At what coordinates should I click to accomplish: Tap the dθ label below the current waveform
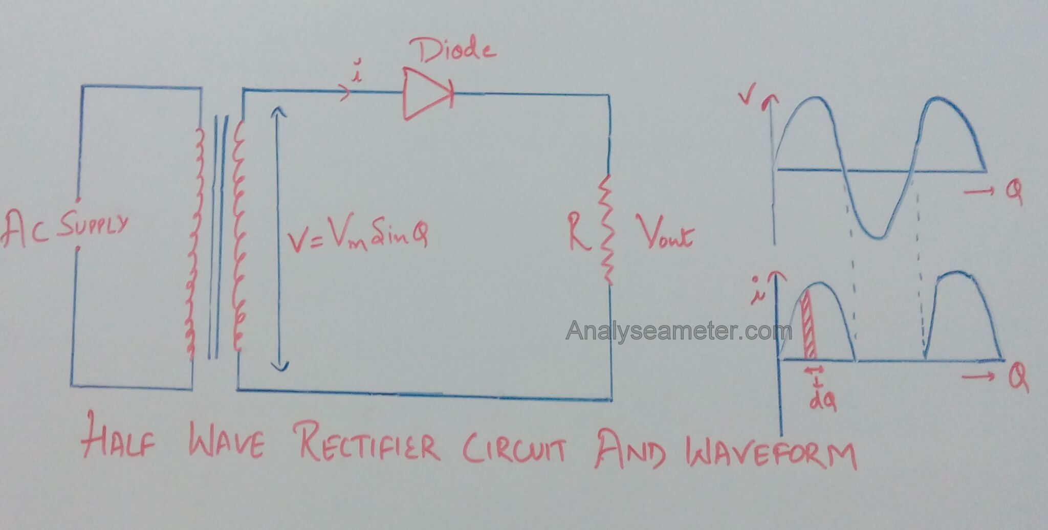coord(822,403)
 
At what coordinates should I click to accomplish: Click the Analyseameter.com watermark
coord(678,331)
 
